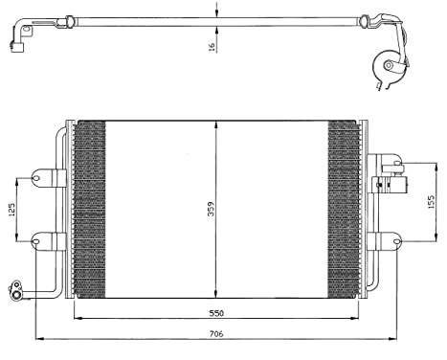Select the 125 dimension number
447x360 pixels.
point(12,208)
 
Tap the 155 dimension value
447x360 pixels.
point(431,203)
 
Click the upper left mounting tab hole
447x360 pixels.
point(38,176)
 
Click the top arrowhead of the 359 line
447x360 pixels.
point(217,124)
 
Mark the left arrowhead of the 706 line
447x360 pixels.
point(38,338)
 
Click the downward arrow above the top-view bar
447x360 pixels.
point(218,11)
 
